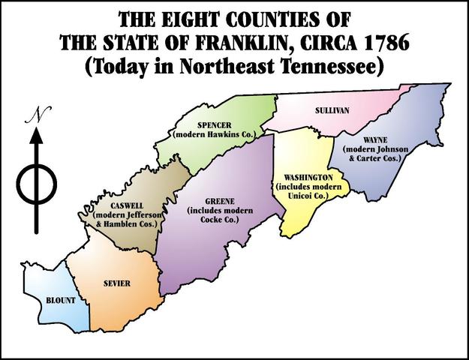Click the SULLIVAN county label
pos(331,110)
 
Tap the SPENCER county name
pos(215,125)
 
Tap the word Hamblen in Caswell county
pos(124,223)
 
